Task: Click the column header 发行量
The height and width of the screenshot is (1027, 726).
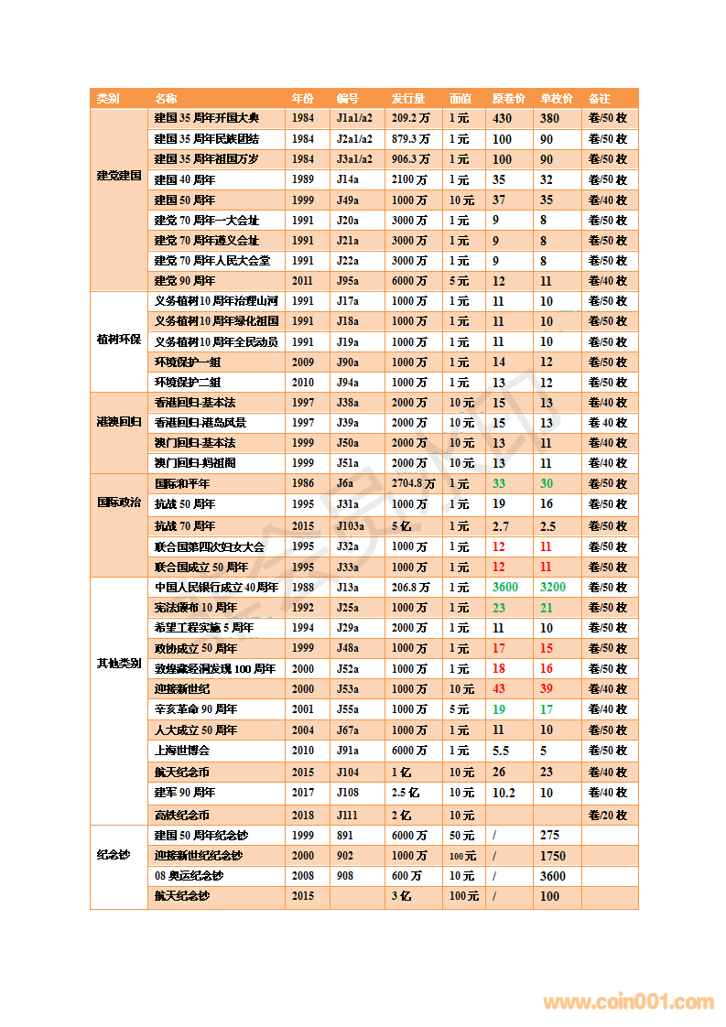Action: (x=408, y=98)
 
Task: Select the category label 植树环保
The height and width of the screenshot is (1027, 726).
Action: (x=119, y=340)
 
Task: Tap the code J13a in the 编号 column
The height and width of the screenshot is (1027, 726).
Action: (x=348, y=588)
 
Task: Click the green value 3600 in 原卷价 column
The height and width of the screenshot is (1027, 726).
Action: (x=505, y=588)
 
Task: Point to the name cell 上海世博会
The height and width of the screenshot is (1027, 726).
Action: (x=182, y=751)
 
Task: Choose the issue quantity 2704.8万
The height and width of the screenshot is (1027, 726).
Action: (x=413, y=483)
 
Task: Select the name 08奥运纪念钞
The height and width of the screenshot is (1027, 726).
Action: (x=189, y=876)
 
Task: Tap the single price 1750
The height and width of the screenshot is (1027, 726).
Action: (x=553, y=856)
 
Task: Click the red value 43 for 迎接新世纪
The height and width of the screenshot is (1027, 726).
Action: (x=499, y=689)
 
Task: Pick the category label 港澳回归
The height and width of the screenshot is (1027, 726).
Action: (x=119, y=422)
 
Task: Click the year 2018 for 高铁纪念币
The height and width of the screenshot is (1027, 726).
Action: (x=303, y=815)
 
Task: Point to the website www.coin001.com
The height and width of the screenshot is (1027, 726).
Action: (x=628, y=1002)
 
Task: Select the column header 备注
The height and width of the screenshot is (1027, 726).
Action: (x=600, y=98)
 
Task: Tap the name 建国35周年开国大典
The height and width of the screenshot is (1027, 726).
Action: (x=207, y=118)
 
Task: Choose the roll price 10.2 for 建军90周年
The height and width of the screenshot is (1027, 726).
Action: (x=504, y=793)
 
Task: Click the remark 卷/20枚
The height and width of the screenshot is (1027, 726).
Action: (x=608, y=815)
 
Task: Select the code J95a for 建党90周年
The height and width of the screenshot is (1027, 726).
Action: (x=348, y=281)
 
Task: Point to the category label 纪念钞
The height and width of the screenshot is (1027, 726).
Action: (x=114, y=855)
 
